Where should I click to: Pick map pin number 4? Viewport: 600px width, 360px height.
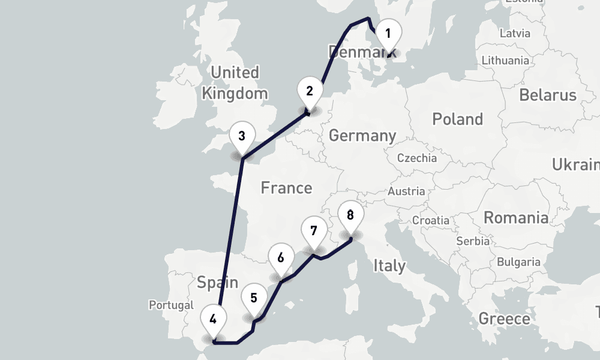pyautogui.click(x=213, y=320)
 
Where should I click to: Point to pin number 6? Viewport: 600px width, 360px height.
pyautogui.click(x=280, y=258)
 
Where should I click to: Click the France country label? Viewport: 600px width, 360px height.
pyautogui.click(x=286, y=188)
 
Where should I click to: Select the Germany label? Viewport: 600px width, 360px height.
pyautogui.click(x=362, y=136)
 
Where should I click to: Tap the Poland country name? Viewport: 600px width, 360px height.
pyautogui.click(x=457, y=119)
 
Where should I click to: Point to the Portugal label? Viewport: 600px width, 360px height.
pyautogui.click(x=172, y=305)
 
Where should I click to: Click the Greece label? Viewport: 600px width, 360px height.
pyautogui.click(x=504, y=319)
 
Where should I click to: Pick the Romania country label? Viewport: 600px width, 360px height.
pyautogui.click(x=516, y=217)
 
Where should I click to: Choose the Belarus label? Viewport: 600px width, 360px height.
pyautogui.click(x=547, y=95)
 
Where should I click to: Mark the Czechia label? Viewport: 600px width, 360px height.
pyautogui.click(x=417, y=158)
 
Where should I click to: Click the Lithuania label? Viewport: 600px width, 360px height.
pyautogui.click(x=505, y=60)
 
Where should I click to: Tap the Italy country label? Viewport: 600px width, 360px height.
pyautogui.click(x=389, y=265)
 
